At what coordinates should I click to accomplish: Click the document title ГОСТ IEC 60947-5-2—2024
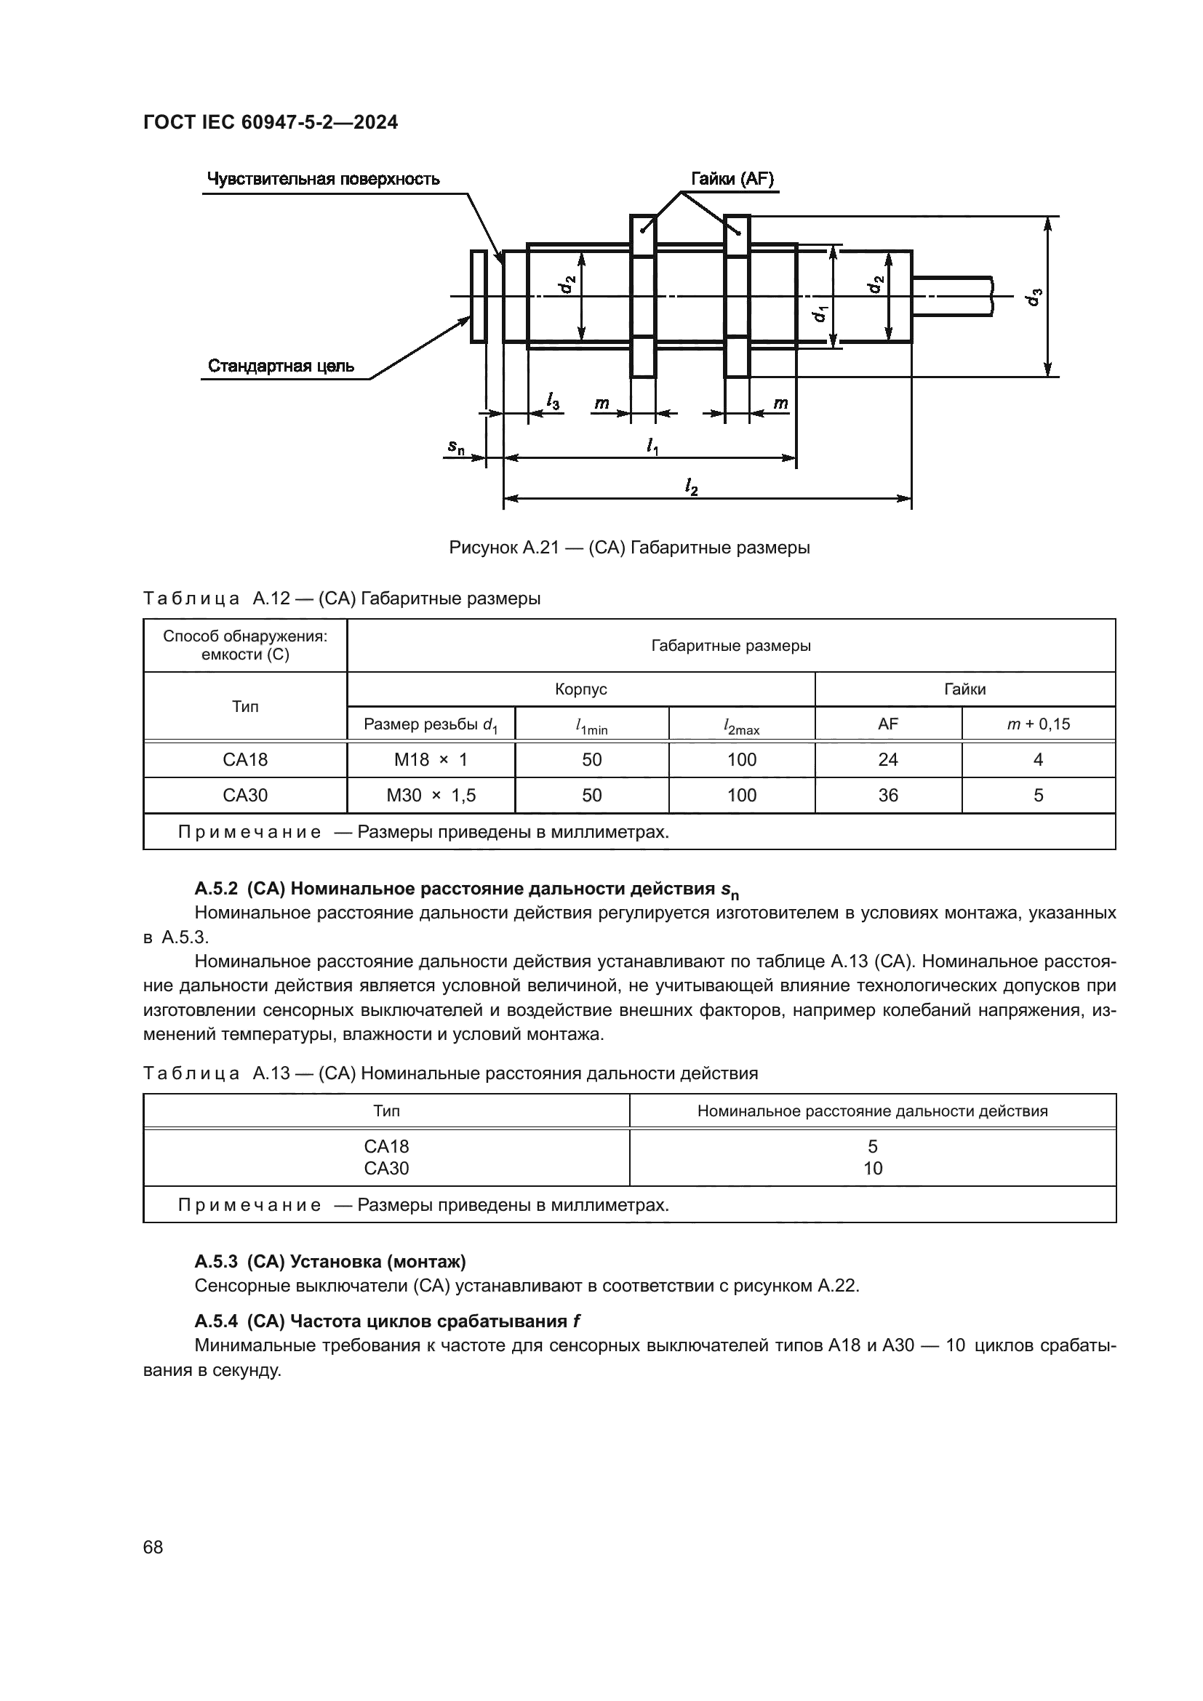coord(271,122)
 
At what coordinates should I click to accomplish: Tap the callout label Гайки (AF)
coord(732,180)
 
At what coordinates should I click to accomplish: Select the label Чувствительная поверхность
coord(323,180)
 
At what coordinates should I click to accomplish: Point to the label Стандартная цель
coord(281,366)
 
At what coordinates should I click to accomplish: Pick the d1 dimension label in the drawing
coord(819,314)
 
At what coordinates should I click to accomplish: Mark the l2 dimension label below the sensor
coord(691,487)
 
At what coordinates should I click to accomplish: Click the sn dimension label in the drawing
coord(455,447)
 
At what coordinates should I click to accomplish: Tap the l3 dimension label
coord(553,401)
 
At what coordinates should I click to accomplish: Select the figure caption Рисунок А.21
coord(629,548)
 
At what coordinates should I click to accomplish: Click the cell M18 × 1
coord(431,759)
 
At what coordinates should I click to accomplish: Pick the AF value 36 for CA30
coord(887,795)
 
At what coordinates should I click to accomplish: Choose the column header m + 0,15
coord(1038,724)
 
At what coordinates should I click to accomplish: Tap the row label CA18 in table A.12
coord(245,759)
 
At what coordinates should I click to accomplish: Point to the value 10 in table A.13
coord(873,1169)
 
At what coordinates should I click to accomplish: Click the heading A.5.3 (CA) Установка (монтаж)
coord(330,1261)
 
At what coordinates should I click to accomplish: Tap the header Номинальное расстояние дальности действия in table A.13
coord(873,1110)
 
